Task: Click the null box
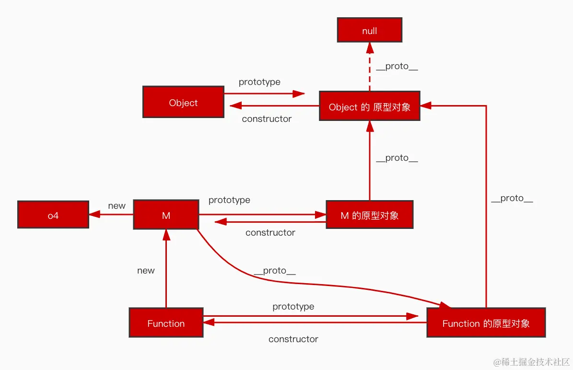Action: coord(370,30)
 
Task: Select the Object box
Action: coord(183,102)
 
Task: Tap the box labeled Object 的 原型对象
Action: coord(370,106)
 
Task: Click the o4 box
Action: coord(53,215)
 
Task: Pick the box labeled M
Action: coord(166,215)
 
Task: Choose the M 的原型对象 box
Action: coord(370,215)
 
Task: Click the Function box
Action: coord(166,322)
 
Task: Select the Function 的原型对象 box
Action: coord(486,322)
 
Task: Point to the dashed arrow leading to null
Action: coord(370,67)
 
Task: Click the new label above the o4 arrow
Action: coord(117,206)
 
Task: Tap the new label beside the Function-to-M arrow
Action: coord(146,271)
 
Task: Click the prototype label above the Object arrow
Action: coord(259,82)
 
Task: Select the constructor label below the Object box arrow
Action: coord(267,119)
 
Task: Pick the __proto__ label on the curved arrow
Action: coord(275,271)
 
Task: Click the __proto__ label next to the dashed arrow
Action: coord(397,66)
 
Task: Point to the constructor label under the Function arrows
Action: coord(293,339)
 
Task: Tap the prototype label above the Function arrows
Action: coord(293,306)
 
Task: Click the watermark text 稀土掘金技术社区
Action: coord(536,362)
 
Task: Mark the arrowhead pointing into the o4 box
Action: coord(94,214)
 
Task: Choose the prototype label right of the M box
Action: coord(229,200)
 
